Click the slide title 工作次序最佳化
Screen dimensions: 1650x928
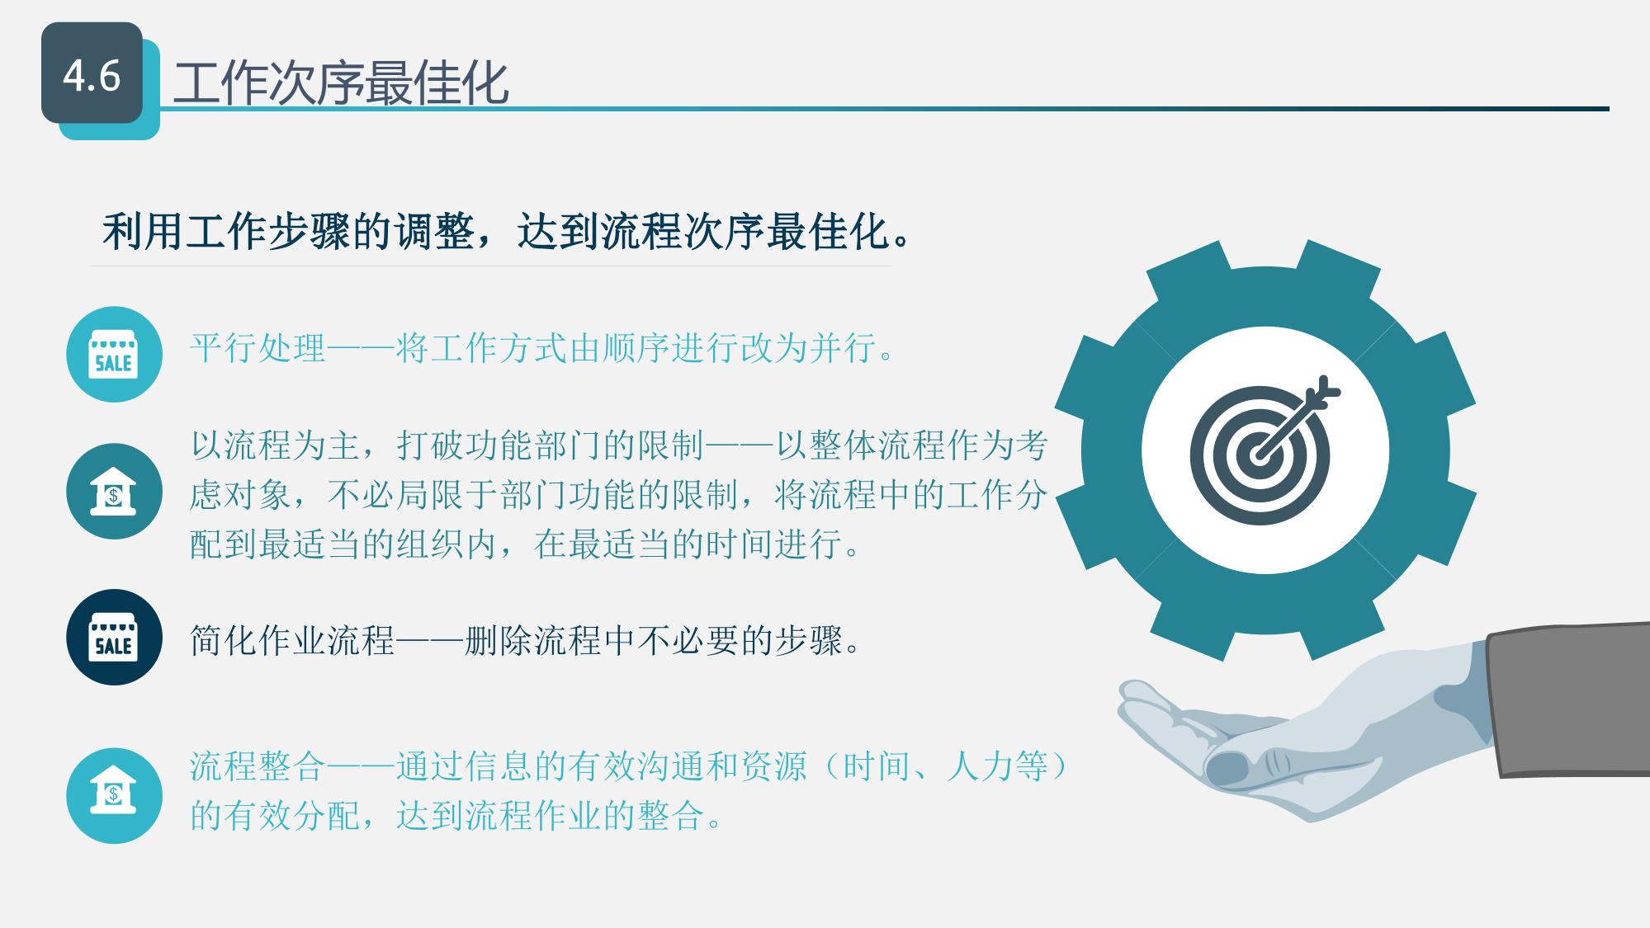coord(341,83)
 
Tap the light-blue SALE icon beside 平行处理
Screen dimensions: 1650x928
coord(114,355)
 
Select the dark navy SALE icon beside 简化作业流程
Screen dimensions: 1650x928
coord(114,637)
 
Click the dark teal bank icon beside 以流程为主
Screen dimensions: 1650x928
coord(114,492)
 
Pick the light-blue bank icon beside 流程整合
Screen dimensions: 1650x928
coord(114,796)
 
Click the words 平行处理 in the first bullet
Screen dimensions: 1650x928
coord(258,348)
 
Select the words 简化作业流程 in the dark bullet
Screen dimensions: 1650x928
coord(292,640)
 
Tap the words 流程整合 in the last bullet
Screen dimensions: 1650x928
coord(258,766)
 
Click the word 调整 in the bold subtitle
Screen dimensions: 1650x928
coord(434,231)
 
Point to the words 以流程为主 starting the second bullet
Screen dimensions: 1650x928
coord(275,445)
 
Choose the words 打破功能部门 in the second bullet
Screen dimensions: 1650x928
coord(499,445)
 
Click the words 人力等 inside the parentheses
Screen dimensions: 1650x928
coord(997,766)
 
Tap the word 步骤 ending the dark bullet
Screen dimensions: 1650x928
coord(808,640)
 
